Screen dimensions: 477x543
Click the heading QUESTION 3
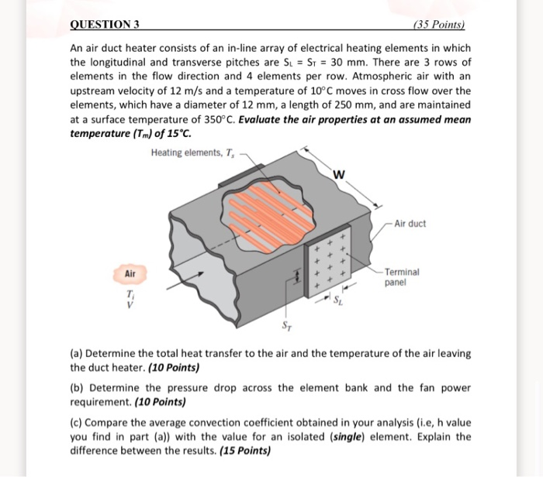tap(105, 25)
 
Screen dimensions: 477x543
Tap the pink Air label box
tap(130, 274)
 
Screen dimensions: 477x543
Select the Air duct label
tap(410, 224)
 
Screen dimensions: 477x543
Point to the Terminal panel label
tap(403, 277)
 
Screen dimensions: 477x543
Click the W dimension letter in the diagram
tap(337, 173)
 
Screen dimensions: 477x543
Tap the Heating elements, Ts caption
tap(194, 152)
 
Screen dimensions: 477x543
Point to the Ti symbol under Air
tap(129, 296)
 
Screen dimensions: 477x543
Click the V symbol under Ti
tap(129, 306)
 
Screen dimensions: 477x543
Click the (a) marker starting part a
tap(76, 353)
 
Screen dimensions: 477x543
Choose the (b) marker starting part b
tap(76, 388)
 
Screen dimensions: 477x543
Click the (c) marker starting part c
tap(76, 423)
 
